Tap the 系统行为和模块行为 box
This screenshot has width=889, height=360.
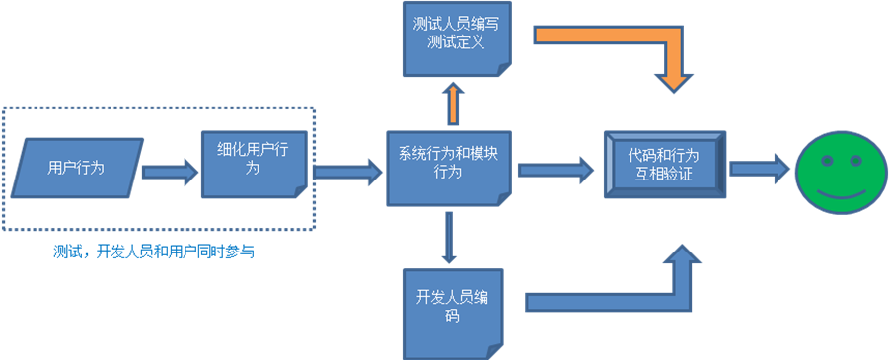coord(449,165)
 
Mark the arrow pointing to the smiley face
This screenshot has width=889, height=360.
coord(759,169)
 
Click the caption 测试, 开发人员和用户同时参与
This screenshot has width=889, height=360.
coord(154,252)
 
